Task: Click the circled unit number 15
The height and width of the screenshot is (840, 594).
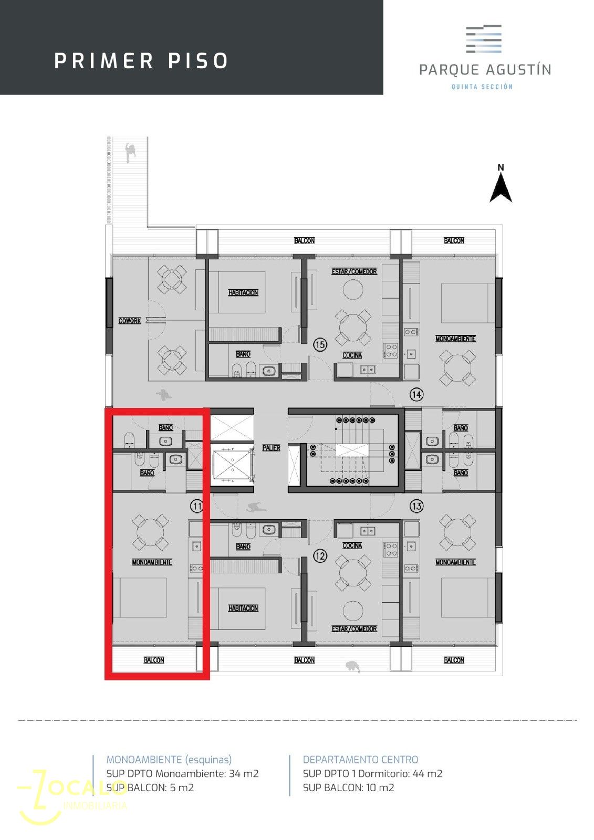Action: [x=320, y=344]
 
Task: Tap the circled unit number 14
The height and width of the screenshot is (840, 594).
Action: [x=416, y=394]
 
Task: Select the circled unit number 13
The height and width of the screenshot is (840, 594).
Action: [x=416, y=506]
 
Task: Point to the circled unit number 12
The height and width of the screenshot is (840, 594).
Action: [x=320, y=555]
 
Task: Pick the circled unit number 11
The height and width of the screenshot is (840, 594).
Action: [x=196, y=506]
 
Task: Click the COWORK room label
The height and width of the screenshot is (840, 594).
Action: [x=129, y=321]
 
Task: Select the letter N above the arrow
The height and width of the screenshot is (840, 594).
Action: [x=501, y=167]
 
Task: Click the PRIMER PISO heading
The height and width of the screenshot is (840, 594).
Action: [x=141, y=61]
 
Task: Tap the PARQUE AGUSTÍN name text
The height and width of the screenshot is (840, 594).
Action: [x=485, y=70]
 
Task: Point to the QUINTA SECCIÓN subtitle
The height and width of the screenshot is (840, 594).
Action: [x=482, y=87]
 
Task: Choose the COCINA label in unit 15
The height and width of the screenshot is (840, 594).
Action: [x=352, y=355]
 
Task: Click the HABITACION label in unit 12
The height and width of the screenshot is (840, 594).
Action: [x=243, y=608]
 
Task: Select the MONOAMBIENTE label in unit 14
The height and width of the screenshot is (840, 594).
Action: [x=455, y=339]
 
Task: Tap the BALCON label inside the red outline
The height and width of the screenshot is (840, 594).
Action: [x=154, y=659]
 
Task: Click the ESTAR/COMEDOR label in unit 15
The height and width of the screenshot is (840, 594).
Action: [x=354, y=271]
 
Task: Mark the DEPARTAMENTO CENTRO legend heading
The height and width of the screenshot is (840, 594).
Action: [x=360, y=759]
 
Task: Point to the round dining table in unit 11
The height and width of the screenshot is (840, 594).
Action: [x=150, y=533]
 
